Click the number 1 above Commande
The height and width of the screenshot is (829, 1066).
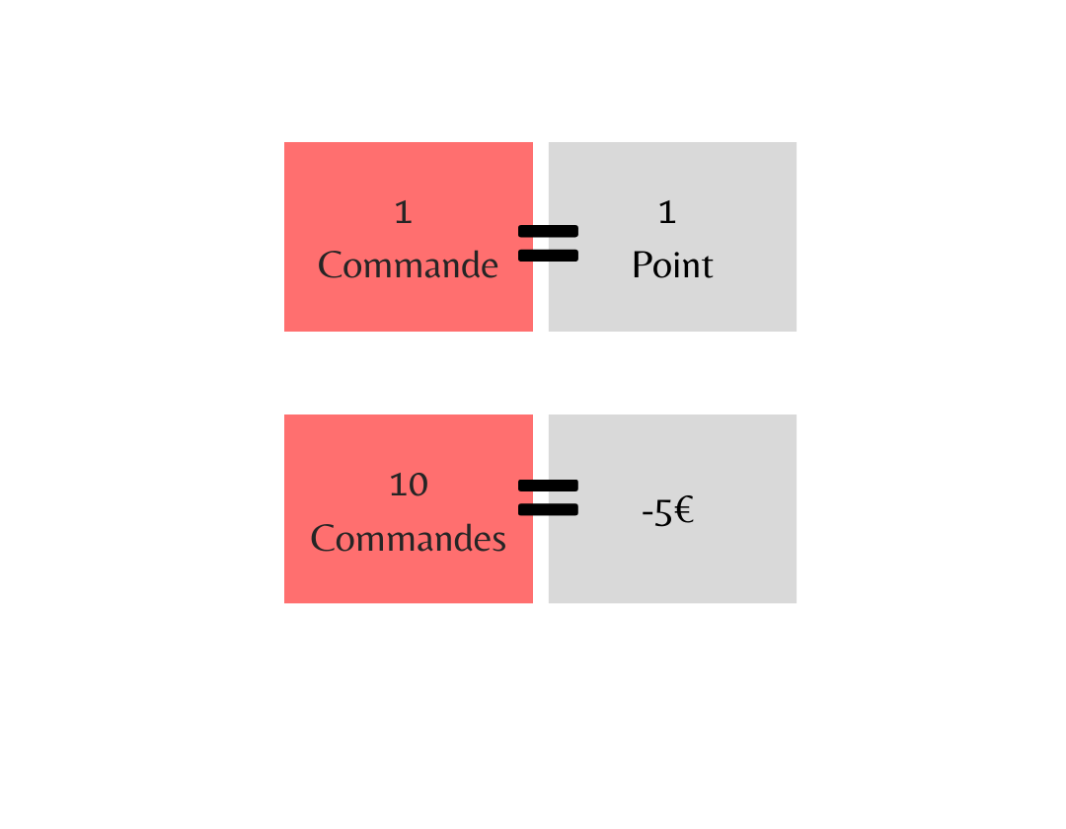coord(403,212)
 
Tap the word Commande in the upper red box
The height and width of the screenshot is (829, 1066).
coord(408,265)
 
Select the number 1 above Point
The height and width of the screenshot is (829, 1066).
coord(667,212)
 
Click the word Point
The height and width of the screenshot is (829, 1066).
coord(672,265)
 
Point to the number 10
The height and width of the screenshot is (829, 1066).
coord(409,485)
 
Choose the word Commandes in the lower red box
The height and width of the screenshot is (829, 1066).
coord(408,538)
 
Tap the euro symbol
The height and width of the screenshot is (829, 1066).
coord(684,509)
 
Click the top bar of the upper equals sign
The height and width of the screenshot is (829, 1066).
coord(548,231)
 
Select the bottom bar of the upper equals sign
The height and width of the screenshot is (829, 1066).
coord(548,256)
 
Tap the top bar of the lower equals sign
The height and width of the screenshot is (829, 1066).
coord(548,486)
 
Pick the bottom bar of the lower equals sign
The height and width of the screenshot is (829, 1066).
coord(548,509)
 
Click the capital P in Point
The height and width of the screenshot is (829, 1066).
coord(642,265)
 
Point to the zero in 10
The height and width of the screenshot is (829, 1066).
coord(418,486)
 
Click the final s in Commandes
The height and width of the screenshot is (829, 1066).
coord(499,542)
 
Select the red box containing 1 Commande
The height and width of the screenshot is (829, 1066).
coord(409,237)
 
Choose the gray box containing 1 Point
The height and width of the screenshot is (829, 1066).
coord(672,237)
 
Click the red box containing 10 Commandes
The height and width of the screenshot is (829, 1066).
coord(409,509)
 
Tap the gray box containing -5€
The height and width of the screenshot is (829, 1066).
coord(672,509)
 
